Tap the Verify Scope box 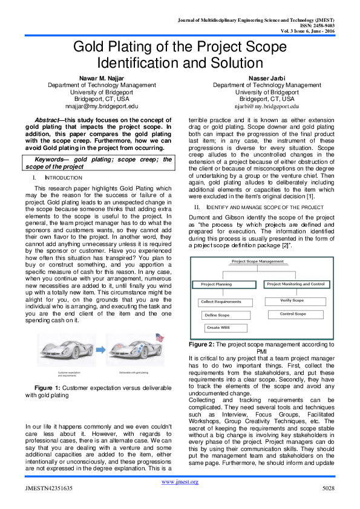[292, 300]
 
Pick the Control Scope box [292, 314]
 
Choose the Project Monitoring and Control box [295, 284]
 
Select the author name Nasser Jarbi [267, 78]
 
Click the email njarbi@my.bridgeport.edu [267, 106]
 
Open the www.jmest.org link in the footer [180, 481]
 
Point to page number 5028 [327, 488]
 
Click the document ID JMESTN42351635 [49, 488]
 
